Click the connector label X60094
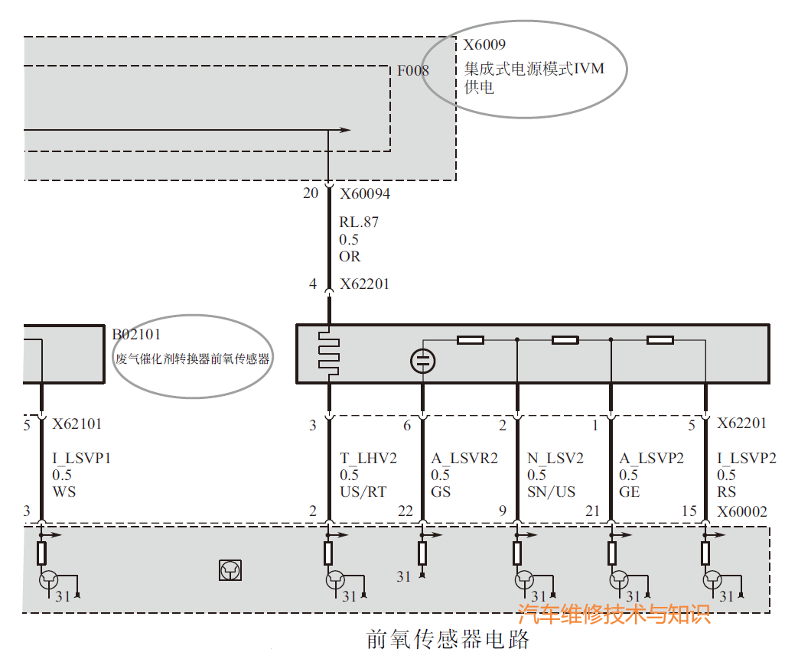pos(365,194)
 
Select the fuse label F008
pos(412,71)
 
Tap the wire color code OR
pos(350,256)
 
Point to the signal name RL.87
pos(359,223)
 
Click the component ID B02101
pos(136,334)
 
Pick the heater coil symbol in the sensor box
pos(329,352)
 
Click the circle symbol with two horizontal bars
pos(422,361)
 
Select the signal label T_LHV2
pos(368,459)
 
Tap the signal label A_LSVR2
pos(464,459)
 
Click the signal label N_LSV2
pos(555,459)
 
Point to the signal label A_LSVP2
pos(651,459)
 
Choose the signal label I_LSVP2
pos(746,459)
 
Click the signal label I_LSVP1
pos(82,459)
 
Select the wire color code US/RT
pos(363,491)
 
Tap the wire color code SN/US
pos(551,491)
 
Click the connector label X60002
pos(741,511)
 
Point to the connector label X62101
pos(77,423)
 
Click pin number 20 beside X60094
pos(310,193)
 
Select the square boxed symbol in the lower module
pos(230,569)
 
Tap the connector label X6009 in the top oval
pos(484,45)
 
